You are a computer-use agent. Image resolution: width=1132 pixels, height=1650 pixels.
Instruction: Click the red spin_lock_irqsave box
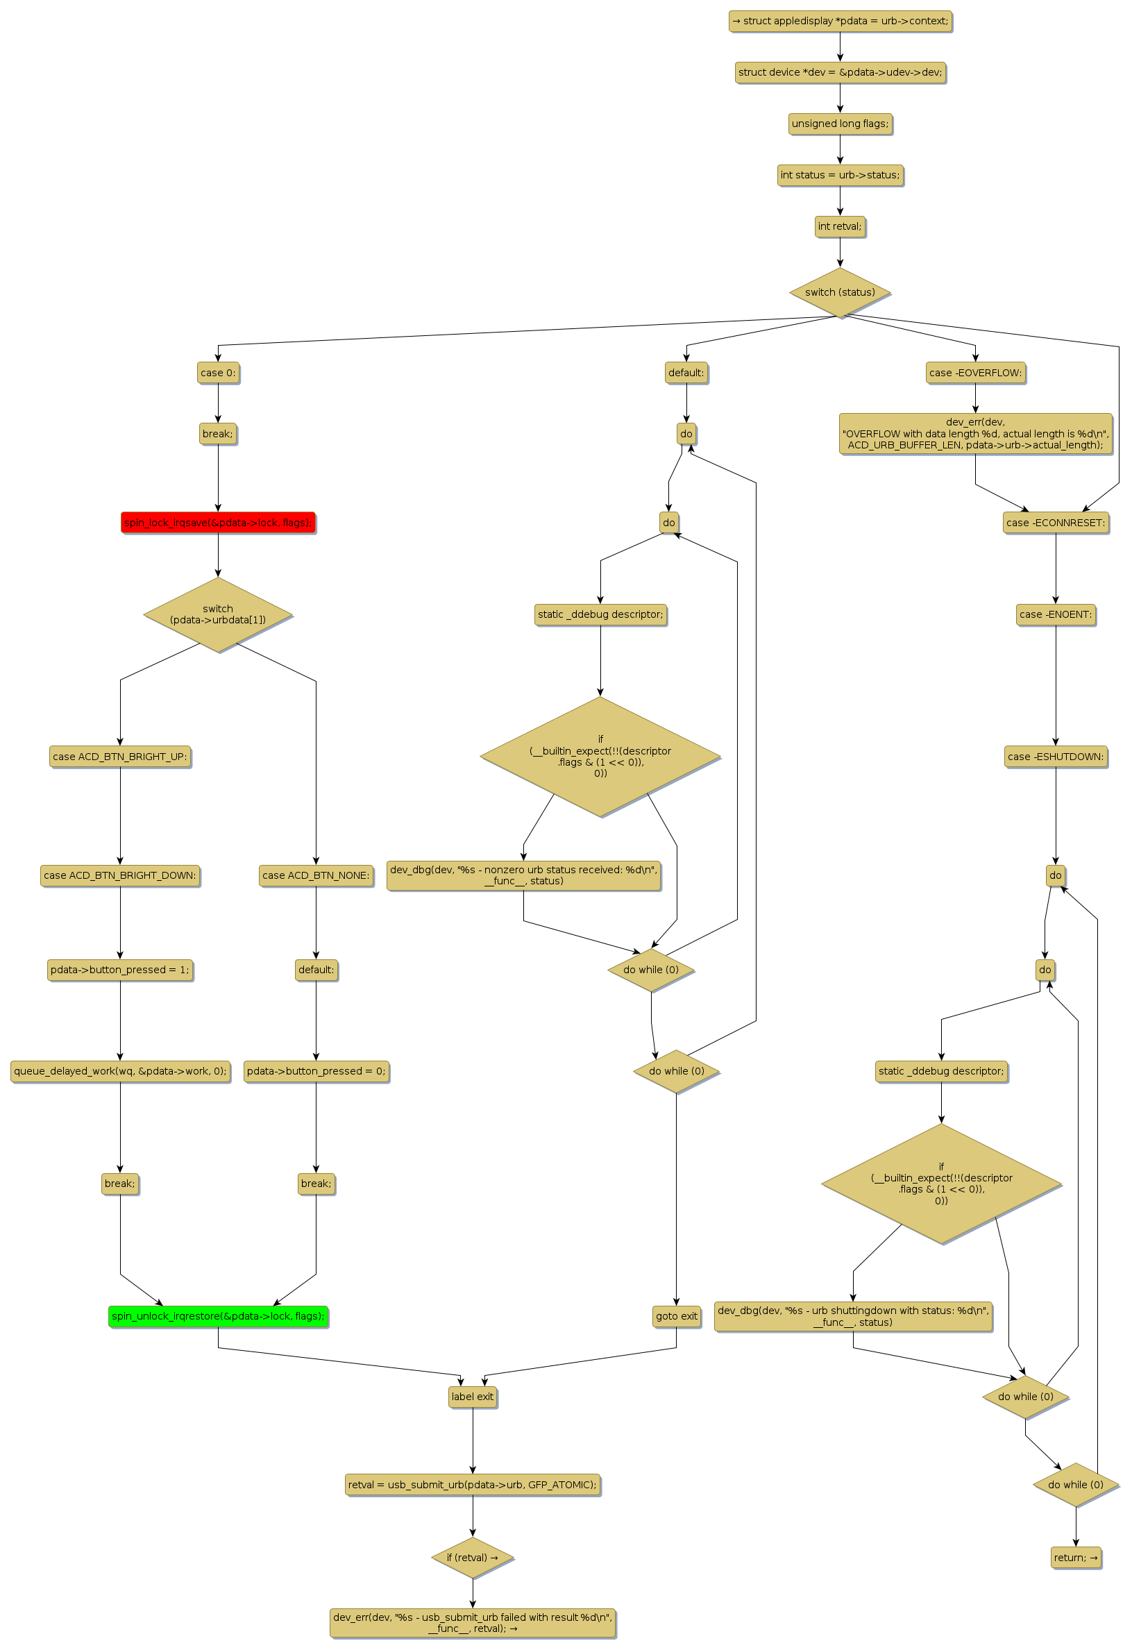pos(218,523)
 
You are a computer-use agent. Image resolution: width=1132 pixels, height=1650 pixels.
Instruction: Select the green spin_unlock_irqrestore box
pos(218,1315)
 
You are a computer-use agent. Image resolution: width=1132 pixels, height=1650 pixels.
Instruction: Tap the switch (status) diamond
pos(840,292)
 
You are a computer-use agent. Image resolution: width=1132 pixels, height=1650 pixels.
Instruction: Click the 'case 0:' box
pos(218,373)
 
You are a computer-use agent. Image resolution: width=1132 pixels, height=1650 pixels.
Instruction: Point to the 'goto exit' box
pos(677,1315)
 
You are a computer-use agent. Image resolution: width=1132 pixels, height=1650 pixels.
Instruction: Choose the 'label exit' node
pos(473,1397)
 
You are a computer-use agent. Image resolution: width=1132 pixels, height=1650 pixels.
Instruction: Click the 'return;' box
pos(1075,1557)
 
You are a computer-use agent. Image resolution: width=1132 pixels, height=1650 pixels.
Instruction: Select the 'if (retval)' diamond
pos(473,1557)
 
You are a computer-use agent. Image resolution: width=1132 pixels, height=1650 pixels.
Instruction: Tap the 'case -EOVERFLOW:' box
pos(975,373)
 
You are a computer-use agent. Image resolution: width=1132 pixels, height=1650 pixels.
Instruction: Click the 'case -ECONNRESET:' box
pos(1056,523)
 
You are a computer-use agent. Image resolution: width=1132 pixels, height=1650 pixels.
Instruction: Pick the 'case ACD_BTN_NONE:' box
pos(316,875)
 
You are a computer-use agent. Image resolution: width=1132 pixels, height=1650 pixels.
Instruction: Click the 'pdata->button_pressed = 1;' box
pos(120,969)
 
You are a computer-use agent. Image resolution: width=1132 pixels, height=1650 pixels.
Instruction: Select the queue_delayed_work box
pos(120,1070)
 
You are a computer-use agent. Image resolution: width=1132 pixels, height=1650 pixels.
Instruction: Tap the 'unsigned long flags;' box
pos(840,124)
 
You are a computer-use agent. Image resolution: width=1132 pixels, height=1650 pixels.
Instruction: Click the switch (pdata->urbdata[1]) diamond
pos(218,614)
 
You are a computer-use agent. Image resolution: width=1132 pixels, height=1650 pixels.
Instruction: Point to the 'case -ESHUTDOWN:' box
pos(1056,756)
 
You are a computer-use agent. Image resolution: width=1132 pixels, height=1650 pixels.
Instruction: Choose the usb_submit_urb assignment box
pos(473,1485)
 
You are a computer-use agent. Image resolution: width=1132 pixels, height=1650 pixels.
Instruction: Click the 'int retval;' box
pos(840,226)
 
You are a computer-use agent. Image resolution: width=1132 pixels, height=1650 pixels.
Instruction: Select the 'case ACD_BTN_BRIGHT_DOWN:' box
pos(120,875)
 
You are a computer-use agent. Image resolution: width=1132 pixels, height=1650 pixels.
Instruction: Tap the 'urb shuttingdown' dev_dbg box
pos(853,1315)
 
